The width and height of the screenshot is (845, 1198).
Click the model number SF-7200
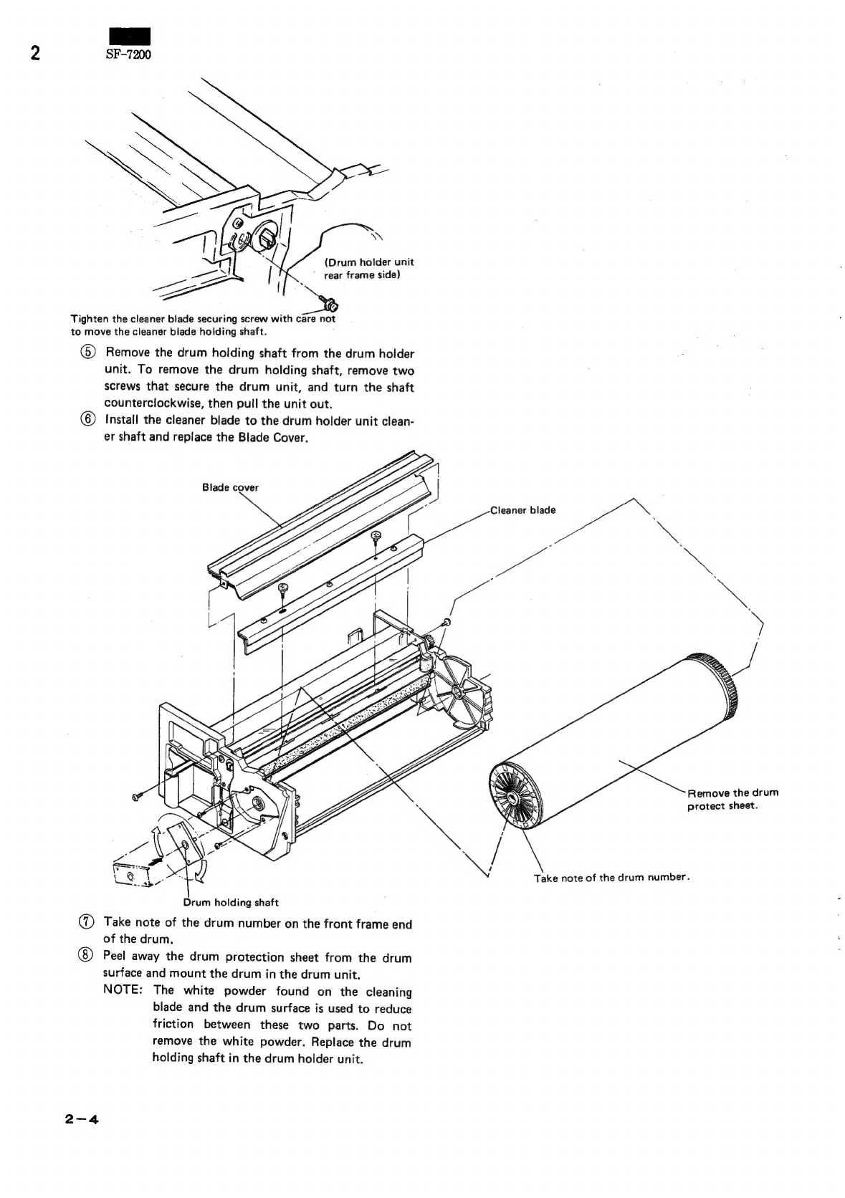tap(128, 54)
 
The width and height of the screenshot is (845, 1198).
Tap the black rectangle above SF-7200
tap(129, 36)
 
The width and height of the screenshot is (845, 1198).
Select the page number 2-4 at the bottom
tap(81, 1120)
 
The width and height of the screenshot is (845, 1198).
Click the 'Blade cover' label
tap(230, 487)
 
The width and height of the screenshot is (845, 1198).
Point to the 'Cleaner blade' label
tap(522, 510)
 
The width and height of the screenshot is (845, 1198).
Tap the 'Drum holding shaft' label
tap(231, 903)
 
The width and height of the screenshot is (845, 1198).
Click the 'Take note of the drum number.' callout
tap(612, 878)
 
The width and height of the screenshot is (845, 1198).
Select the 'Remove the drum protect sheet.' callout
tap(732, 799)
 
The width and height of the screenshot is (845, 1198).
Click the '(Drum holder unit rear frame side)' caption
tap(368, 269)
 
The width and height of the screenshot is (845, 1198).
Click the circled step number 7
tap(86, 922)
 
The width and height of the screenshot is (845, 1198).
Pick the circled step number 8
tap(86, 956)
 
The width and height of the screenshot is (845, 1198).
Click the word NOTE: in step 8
tap(123, 989)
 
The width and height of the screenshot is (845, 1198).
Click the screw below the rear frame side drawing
tap(330, 305)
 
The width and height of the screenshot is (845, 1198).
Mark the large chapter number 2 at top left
tap(35, 54)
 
